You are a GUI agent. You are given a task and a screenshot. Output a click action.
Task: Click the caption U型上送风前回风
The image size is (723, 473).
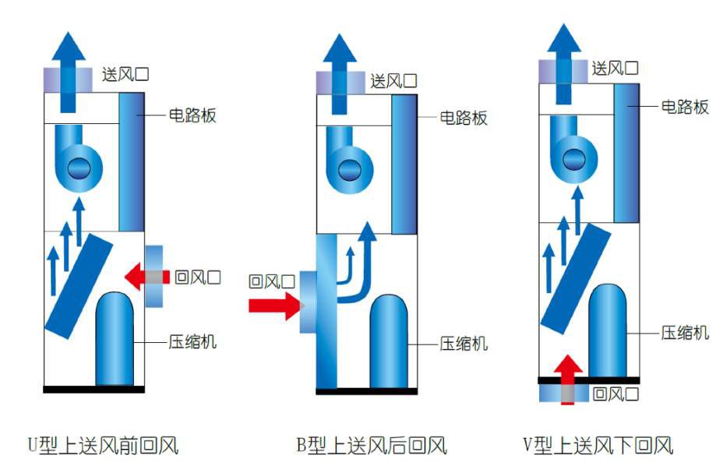coord(104,446)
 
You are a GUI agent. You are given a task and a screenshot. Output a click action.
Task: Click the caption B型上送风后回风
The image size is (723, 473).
coord(372,446)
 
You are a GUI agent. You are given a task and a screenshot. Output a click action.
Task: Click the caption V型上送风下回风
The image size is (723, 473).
coord(598,446)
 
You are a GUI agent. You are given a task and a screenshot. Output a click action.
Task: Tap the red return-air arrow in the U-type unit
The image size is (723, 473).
coord(143,275)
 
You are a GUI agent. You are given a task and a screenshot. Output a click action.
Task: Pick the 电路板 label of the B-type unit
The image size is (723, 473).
coord(464,118)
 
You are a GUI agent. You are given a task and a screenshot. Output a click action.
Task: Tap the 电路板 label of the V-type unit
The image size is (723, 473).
coord(685,108)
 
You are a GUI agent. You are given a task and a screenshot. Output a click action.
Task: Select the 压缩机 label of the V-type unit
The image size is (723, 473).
coord(685,333)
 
